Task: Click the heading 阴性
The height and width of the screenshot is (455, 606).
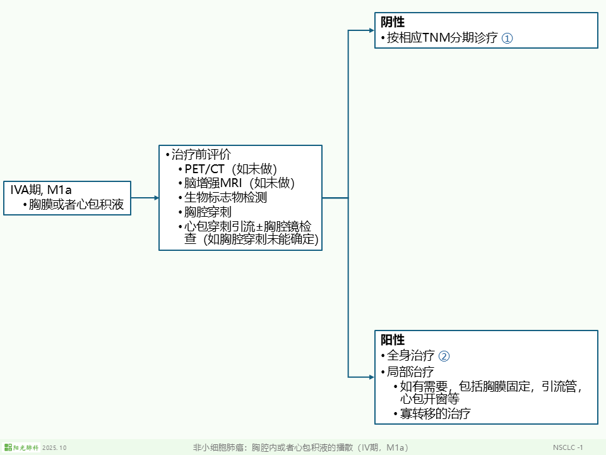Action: [x=393, y=22]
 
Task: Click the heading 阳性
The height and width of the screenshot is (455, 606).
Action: [x=393, y=340]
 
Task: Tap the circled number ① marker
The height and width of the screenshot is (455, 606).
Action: [x=507, y=39]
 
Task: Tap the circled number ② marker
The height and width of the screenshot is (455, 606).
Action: [x=444, y=356]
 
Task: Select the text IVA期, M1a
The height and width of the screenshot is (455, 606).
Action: [x=41, y=190]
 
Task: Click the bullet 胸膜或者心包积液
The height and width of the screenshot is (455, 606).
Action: [x=76, y=205]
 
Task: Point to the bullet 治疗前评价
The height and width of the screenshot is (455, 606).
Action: [x=201, y=155]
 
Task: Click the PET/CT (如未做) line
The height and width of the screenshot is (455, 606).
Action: [x=230, y=169]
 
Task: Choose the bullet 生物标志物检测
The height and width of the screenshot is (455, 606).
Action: [x=225, y=197]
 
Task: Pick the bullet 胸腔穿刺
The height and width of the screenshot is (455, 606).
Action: [x=208, y=212]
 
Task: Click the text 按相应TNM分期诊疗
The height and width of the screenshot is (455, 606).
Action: [x=442, y=38]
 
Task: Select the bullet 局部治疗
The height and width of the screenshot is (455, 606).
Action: [x=410, y=372]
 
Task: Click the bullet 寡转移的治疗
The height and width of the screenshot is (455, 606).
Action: [x=435, y=414]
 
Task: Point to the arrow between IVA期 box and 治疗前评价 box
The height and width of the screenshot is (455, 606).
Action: [x=145, y=198]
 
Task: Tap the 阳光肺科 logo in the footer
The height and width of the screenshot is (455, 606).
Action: [x=21, y=447]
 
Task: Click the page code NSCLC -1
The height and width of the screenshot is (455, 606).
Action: [x=567, y=447]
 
